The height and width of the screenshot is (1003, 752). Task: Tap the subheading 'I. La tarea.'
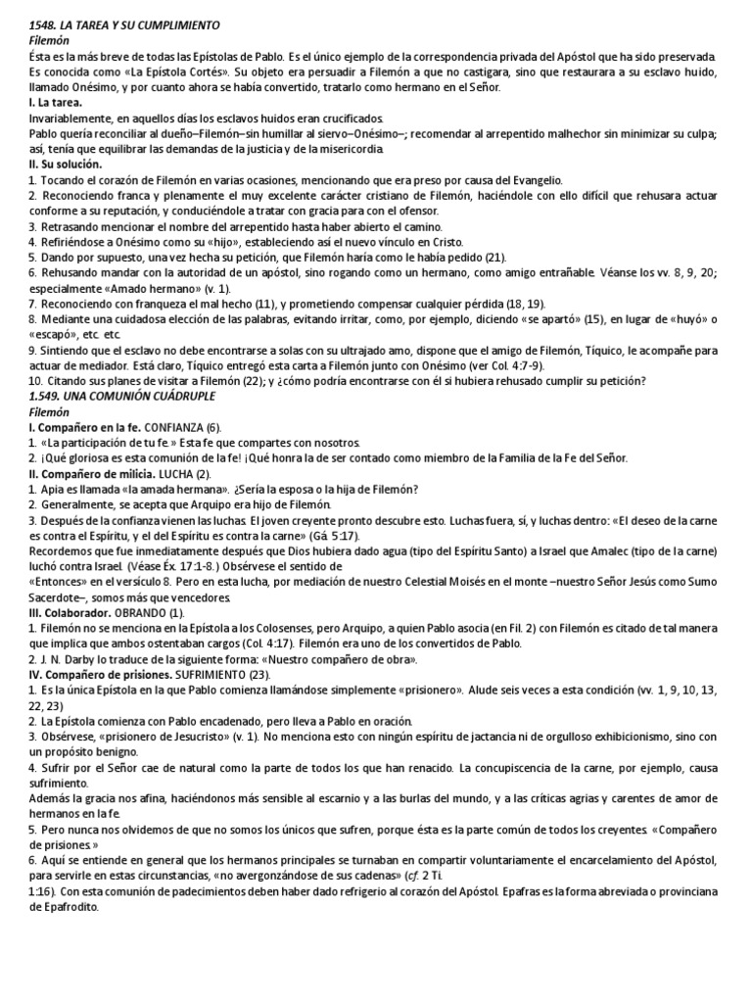pyautogui.click(x=56, y=102)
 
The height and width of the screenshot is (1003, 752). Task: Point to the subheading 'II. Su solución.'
pyautogui.click(x=65, y=165)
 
